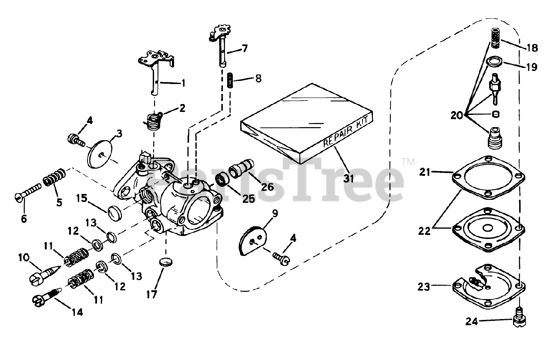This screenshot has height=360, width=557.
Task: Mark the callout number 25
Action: [248, 199]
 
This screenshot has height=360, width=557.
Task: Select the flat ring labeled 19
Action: [494, 62]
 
